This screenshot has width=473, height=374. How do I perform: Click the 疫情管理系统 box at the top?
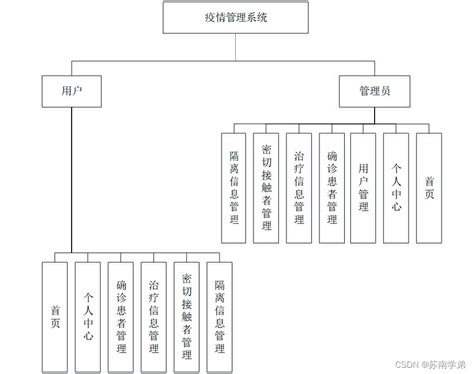click(236, 18)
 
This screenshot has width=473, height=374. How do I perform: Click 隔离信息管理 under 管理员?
click(235, 185)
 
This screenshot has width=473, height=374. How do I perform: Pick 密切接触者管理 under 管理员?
click(267, 185)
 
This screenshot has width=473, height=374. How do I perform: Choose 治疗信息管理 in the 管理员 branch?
click(299, 185)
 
